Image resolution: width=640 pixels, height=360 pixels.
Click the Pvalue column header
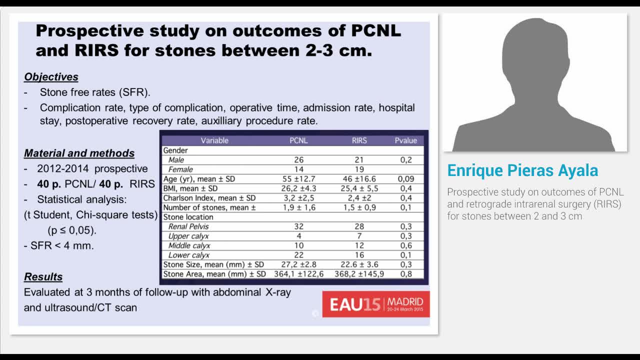click(405, 140)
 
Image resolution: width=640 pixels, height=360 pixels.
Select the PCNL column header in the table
click(298, 140)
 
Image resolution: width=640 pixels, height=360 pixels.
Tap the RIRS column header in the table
click(359, 140)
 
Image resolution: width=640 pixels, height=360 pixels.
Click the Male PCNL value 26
click(298, 160)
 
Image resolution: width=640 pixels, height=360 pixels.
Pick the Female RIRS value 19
click(359, 169)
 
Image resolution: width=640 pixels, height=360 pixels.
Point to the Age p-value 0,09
click(405, 179)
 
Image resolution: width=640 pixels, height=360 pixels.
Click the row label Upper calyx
click(188, 236)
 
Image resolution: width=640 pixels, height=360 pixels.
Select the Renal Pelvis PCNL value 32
click(298, 226)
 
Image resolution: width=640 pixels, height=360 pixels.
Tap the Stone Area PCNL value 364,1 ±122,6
click(298, 274)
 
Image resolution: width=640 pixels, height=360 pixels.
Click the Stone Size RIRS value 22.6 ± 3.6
click(359, 264)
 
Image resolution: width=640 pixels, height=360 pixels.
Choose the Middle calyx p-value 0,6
click(405, 245)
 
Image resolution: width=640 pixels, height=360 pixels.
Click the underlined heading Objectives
click(51, 77)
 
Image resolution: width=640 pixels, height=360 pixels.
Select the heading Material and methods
click(79, 153)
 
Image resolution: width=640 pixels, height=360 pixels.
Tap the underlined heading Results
click(43, 277)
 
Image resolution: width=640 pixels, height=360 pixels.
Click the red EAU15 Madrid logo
click(376, 304)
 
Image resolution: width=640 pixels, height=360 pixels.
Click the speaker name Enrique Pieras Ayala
click(522, 170)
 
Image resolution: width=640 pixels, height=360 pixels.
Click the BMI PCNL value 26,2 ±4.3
click(298, 188)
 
